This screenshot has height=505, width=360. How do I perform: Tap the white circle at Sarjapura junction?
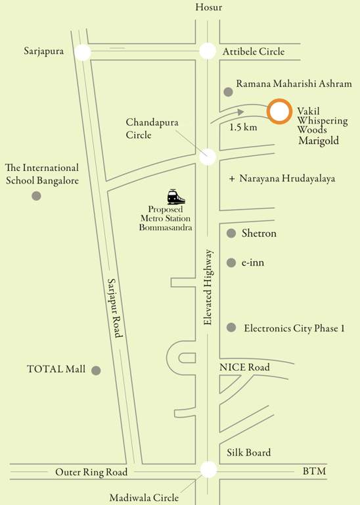83,52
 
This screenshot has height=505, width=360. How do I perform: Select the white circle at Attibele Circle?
208,51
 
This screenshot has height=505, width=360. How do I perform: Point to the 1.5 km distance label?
243,127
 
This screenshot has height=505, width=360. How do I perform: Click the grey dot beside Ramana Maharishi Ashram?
228,91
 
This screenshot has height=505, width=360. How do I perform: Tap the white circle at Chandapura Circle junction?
208,156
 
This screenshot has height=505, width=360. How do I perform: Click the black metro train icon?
176,197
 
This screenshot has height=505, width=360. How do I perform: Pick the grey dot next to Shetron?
231,233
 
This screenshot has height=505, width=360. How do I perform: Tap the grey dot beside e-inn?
231,263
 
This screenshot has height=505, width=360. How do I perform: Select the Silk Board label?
249,452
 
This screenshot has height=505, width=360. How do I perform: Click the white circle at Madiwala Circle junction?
208,469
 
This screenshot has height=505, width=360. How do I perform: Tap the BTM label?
314,472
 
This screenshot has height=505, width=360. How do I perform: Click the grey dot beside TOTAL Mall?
96,370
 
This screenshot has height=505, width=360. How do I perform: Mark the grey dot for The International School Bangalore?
36,196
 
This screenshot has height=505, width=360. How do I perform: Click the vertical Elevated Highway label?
209,287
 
